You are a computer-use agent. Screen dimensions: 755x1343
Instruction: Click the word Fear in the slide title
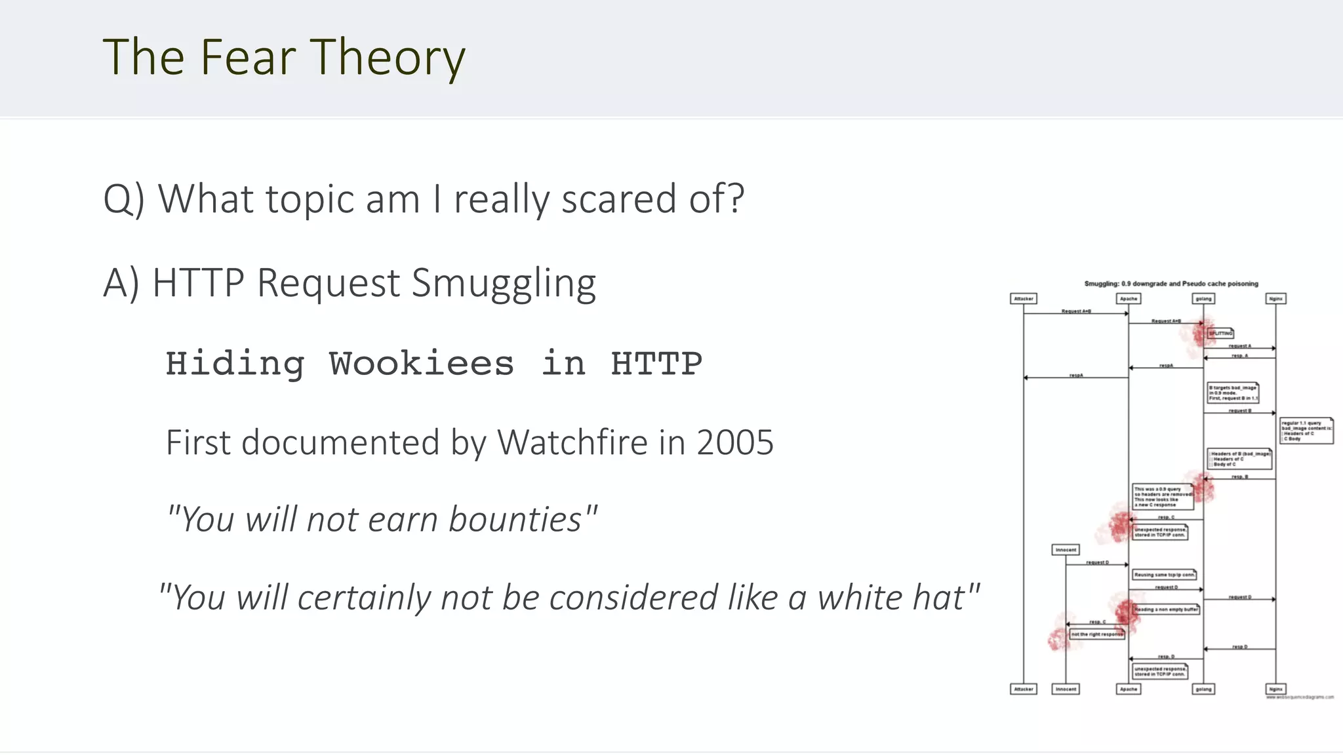(248, 57)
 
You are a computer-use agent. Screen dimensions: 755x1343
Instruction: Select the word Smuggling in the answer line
(504, 283)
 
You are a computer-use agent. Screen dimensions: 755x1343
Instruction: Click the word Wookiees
(421, 364)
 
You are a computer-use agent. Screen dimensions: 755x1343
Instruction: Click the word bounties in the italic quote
(515, 520)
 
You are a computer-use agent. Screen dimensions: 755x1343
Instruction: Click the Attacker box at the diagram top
(1024, 299)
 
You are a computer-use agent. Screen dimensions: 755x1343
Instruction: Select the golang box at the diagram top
(1203, 299)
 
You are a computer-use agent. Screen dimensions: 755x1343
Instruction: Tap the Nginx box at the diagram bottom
(1275, 689)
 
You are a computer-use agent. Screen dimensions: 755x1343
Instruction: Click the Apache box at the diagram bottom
(1129, 689)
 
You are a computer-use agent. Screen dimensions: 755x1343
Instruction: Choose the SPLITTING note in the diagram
(1220, 333)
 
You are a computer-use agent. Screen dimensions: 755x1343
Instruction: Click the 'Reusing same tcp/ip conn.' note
(1165, 575)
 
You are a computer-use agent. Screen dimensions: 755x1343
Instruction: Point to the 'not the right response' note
(1097, 634)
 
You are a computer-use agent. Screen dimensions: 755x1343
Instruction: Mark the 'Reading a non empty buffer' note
(1166, 610)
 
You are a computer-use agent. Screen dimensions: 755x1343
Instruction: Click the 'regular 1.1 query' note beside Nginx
(1306, 431)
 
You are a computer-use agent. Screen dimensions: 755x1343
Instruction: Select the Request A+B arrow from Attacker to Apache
(1076, 313)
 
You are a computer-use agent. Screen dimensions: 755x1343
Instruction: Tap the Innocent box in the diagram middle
(1066, 550)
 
